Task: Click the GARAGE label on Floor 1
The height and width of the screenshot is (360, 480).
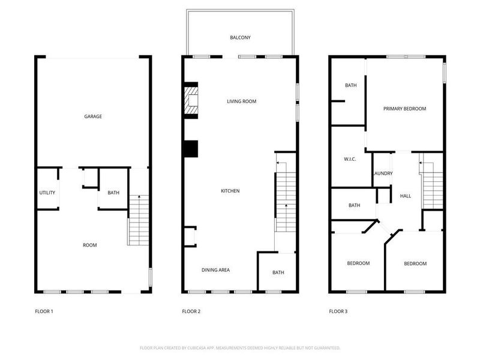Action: tap(92, 116)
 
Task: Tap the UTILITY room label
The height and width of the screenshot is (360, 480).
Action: tap(47, 193)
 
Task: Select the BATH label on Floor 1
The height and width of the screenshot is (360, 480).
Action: tap(113, 193)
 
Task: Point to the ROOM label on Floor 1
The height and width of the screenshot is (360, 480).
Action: tap(90, 245)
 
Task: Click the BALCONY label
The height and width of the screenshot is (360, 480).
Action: tap(240, 38)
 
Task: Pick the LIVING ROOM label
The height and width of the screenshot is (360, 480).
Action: tap(241, 101)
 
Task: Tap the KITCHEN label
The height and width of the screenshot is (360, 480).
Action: tap(230, 191)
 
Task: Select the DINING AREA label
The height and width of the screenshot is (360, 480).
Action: tap(215, 270)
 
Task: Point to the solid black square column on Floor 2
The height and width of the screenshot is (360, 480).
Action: tap(191, 149)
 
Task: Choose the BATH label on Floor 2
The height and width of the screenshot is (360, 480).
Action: tap(278, 272)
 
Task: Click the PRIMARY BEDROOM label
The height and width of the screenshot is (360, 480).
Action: tap(404, 109)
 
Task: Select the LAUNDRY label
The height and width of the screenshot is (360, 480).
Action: tap(383, 174)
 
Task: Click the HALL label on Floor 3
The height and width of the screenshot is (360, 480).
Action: tap(406, 196)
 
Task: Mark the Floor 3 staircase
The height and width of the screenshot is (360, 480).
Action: tap(432, 186)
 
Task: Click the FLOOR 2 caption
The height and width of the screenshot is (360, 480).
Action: tap(191, 311)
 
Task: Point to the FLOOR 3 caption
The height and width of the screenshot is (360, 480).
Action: tap(338, 311)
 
